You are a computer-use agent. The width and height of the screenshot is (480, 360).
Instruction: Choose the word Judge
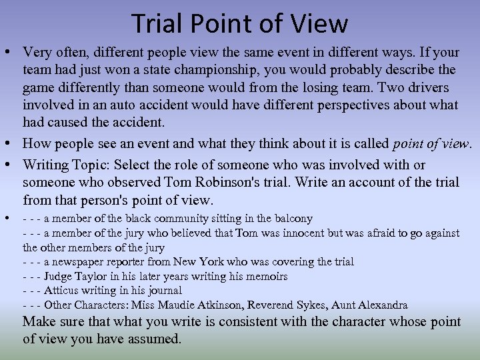point(60,277)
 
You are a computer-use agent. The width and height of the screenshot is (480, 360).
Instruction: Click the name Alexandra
point(381,305)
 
